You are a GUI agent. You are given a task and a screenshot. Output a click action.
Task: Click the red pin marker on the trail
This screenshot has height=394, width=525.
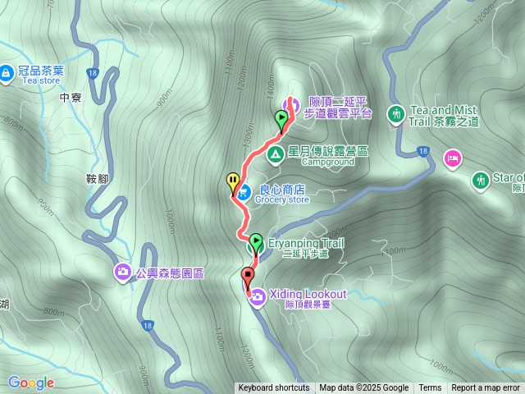(247, 277)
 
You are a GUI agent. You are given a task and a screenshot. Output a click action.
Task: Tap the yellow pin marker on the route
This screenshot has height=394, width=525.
(233, 181)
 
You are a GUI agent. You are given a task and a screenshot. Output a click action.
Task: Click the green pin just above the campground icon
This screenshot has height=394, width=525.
(282, 120)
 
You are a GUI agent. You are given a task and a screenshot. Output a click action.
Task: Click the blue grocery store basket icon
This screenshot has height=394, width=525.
(243, 194)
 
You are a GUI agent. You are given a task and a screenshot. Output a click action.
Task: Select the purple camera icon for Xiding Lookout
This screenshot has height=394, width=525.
(257, 295)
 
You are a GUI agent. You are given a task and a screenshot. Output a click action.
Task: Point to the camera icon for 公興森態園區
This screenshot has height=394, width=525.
(123, 271)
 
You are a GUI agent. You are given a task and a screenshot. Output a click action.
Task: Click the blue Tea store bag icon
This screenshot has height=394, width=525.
(6, 74)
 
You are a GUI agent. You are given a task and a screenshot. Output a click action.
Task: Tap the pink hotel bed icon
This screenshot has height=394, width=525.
(452, 157)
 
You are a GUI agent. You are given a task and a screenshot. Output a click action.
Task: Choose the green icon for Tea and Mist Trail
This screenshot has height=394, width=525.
(396, 113)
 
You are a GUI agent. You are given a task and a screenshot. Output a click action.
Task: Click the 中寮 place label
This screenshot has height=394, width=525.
(71, 97)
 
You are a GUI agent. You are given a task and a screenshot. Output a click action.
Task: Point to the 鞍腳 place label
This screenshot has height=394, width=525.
(97, 177)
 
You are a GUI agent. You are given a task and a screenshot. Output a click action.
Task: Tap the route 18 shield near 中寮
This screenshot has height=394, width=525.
(90, 74)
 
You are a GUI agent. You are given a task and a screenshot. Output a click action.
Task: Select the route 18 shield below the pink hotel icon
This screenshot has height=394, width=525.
(422, 150)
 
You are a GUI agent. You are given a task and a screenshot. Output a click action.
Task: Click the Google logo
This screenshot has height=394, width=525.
(31, 383)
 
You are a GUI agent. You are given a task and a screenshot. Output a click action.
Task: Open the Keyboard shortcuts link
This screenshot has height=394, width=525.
(274, 388)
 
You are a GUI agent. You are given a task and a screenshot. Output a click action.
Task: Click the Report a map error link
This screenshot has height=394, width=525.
(486, 388)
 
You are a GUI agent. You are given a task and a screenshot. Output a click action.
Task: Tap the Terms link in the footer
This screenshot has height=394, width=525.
(430, 388)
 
